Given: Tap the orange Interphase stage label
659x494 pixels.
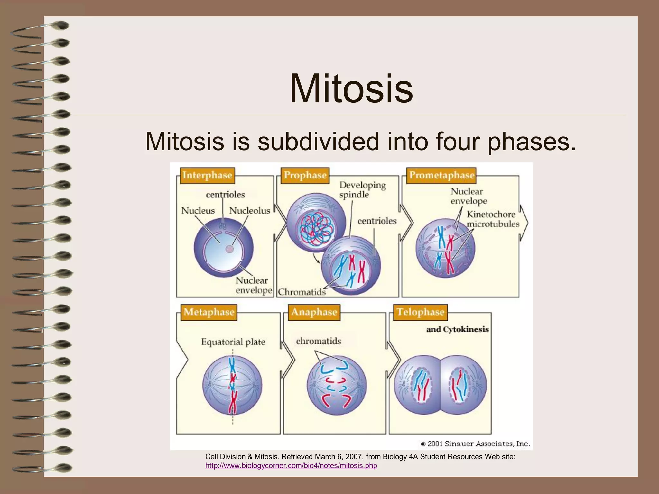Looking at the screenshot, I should [207, 175].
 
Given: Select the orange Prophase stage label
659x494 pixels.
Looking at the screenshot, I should [305, 175].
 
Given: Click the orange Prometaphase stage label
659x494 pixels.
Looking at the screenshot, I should [441, 175].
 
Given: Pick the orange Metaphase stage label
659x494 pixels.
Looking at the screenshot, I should [209, 312].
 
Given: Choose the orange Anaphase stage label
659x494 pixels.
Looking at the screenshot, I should [314, 312].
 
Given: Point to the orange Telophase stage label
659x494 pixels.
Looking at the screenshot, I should [420, 312].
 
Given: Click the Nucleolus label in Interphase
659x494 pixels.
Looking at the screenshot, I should [249, 211].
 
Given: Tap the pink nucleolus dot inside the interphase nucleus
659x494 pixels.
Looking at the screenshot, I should [229, 249].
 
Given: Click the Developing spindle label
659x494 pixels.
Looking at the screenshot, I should [362, 190].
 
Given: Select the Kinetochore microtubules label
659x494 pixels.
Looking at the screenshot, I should [493, 219].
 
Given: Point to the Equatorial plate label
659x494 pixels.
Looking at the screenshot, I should [233, 342].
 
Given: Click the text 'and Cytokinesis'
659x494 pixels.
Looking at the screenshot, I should [457, 329].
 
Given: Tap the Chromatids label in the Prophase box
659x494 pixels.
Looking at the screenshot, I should [302, 292].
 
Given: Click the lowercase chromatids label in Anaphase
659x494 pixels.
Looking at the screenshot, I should [318, 341].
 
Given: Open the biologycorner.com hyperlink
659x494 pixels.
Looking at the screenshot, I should [291, 466].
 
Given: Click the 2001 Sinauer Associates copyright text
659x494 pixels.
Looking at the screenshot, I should [475, 444].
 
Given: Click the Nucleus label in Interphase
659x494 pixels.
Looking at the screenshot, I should [198, 211].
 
